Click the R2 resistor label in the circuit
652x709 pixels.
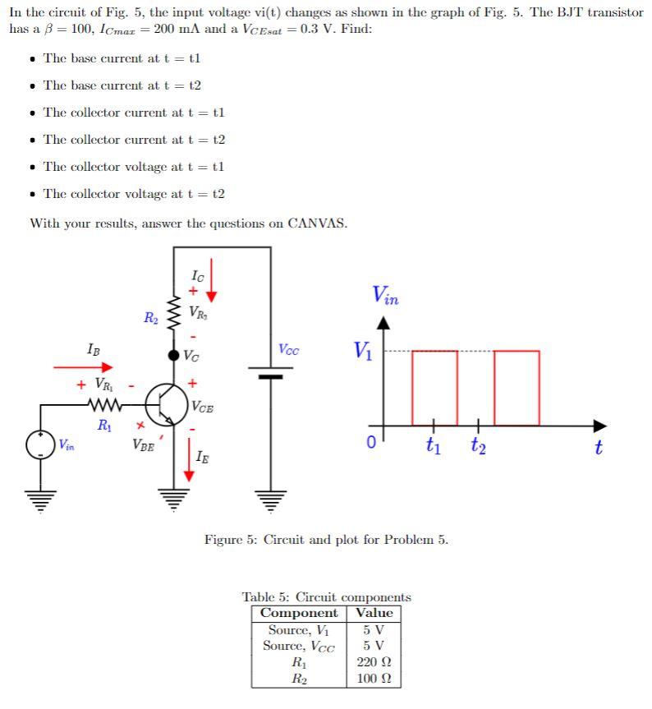pyautogui.click(x=151, y=316)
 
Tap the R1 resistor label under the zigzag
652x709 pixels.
pyautogui.click(x=103, y=425)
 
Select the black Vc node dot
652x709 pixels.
pyautogui.click(x=173, y=356)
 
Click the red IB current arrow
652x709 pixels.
pyautogui.click(x=83, y=368)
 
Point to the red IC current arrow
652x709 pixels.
pyautogui.click(x=211, y=280)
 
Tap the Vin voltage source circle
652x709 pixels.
pyautogui.click(x=41, y=444)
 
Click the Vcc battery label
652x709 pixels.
pyautogui.click(x=288, y=349)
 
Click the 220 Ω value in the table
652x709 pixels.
pyautogui.click(x=374, y=661)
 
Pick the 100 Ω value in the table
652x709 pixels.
pyautogui.click(x=374, y=679)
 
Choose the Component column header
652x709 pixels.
pyautogui.click(x=299, y=613)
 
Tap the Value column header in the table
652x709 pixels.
pyautogui.click(x=374, y=613)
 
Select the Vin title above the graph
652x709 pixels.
pyautogui.click(x=385, y=295)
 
